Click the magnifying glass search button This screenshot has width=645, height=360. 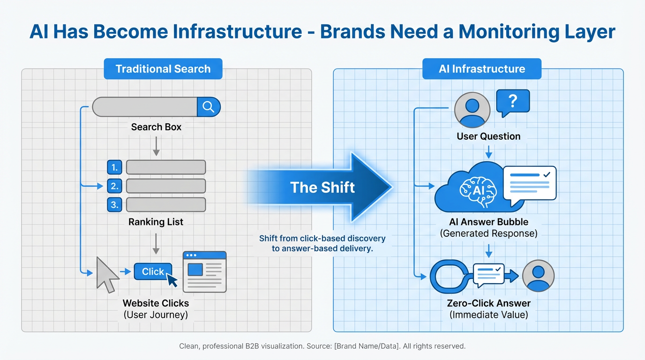click(209, 107)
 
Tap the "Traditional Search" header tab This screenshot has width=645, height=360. click(163, 69)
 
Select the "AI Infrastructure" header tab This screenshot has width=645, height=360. click(481, 69)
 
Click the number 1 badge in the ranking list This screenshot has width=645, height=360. click(114, 167)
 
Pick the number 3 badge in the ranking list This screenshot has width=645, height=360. click(114, 205)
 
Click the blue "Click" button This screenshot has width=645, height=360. click(153, 271)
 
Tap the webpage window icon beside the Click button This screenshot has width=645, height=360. click(204, 272)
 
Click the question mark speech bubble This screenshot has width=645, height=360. click(512, 102)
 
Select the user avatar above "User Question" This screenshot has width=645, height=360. click(472, 110)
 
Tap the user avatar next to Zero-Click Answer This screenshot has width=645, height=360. click(538, 276)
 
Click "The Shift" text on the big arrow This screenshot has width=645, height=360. click(322, 187)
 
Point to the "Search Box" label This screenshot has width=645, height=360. click(156, 127)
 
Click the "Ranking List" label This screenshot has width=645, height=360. click(156, 222)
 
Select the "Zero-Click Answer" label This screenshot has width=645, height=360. click(488, 303)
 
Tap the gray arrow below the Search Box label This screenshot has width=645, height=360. click(156, 146)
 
